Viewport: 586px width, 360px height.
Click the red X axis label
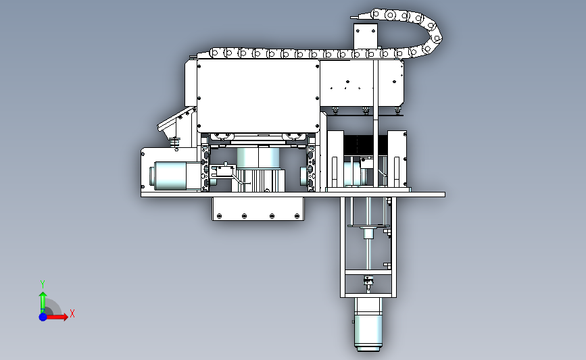(72, 313)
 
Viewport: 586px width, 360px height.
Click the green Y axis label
(43, 284)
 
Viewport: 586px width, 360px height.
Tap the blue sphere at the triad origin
(43, 317)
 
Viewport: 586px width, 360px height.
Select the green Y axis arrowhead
(43, 296)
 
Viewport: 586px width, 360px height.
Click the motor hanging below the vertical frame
(368, 324)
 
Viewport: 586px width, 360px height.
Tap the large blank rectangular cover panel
(258, 96)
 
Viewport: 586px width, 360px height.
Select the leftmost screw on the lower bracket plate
(220, 216)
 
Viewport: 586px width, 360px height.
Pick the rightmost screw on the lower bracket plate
(297, 216)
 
